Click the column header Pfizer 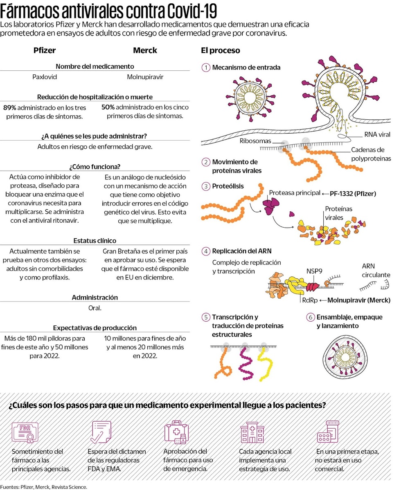point(44,50)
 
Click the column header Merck point(145,50)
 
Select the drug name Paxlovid point(45,76)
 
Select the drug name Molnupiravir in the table point(145,76)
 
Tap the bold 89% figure point(9,107)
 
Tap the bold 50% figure point(108,107)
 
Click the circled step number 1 point(206,67)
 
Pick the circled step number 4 point(206,251)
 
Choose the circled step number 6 point(311,317)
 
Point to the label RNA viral point(377,134)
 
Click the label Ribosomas point(255,141)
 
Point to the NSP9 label point(314,271)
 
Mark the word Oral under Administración point(95,308)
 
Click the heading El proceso point(220,50)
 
